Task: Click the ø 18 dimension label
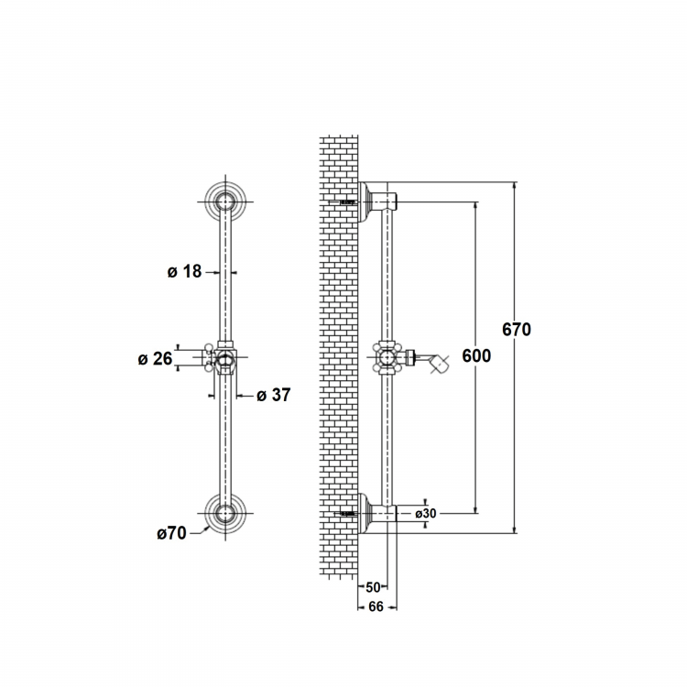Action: [184, 272]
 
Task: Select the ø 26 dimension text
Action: [155, 359]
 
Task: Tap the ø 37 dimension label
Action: [273, 395]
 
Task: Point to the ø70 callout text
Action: [172, 533]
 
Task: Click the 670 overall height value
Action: [517, 330]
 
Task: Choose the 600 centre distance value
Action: [476, 355]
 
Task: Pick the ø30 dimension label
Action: [426, 513]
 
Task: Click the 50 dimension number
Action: [373, 587]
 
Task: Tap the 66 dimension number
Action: [376, 606]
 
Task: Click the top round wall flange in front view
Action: [225, 202]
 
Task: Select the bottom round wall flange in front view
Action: [225, 513]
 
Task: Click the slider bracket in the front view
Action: [223, 357]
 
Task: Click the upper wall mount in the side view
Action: [377, 202]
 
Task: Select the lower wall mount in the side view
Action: [377, 513]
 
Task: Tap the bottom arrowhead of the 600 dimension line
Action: [475, 508]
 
